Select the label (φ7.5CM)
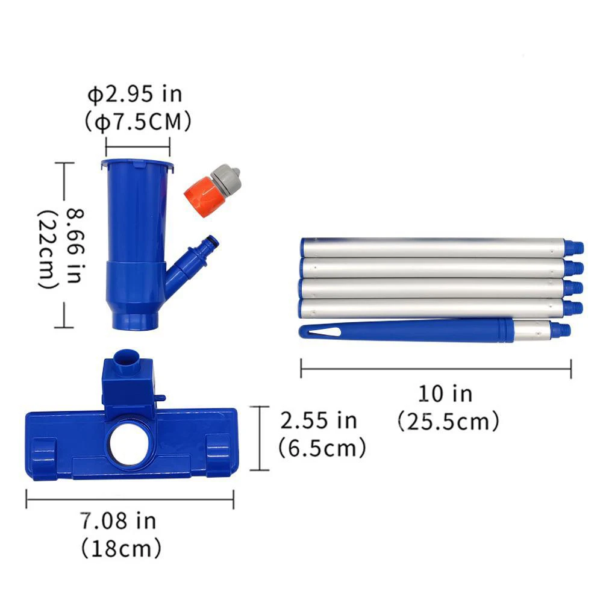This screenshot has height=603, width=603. tap(138, 122)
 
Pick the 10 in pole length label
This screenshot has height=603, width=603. tap(445, 394)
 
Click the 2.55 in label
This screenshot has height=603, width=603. tap(319, 420)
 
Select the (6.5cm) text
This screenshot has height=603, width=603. tap(322, 448)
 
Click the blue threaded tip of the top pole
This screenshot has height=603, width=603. tap(575, 246)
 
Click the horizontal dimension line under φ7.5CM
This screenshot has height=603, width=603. tap(138, 145)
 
